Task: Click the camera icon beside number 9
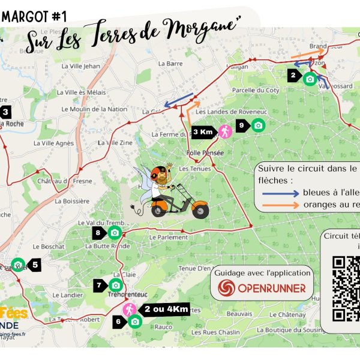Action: (258, 125)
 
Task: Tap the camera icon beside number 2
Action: (310, 79)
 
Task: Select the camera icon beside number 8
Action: (114, 232)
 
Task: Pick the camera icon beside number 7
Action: (116, 285)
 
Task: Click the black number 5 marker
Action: (35, 264)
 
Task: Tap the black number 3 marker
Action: (6, 112)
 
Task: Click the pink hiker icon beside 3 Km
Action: (224, 132)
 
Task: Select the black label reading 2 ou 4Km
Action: (166, 310)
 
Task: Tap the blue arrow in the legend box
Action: (280, 193)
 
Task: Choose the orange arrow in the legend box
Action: (280, 205)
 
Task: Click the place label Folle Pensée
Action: (205, 153)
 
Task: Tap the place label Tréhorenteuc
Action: (128, 295)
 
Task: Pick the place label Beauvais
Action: (239, 314)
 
